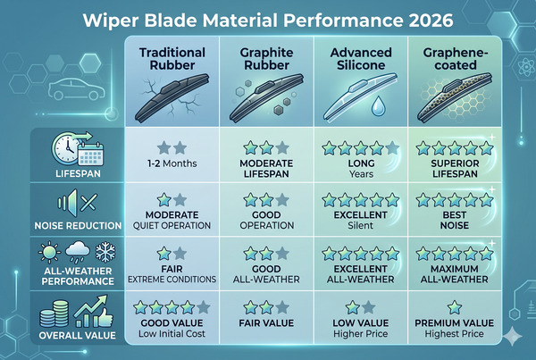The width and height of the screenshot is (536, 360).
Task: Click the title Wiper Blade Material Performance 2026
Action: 268,20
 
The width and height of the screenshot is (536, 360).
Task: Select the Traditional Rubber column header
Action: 173,59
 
